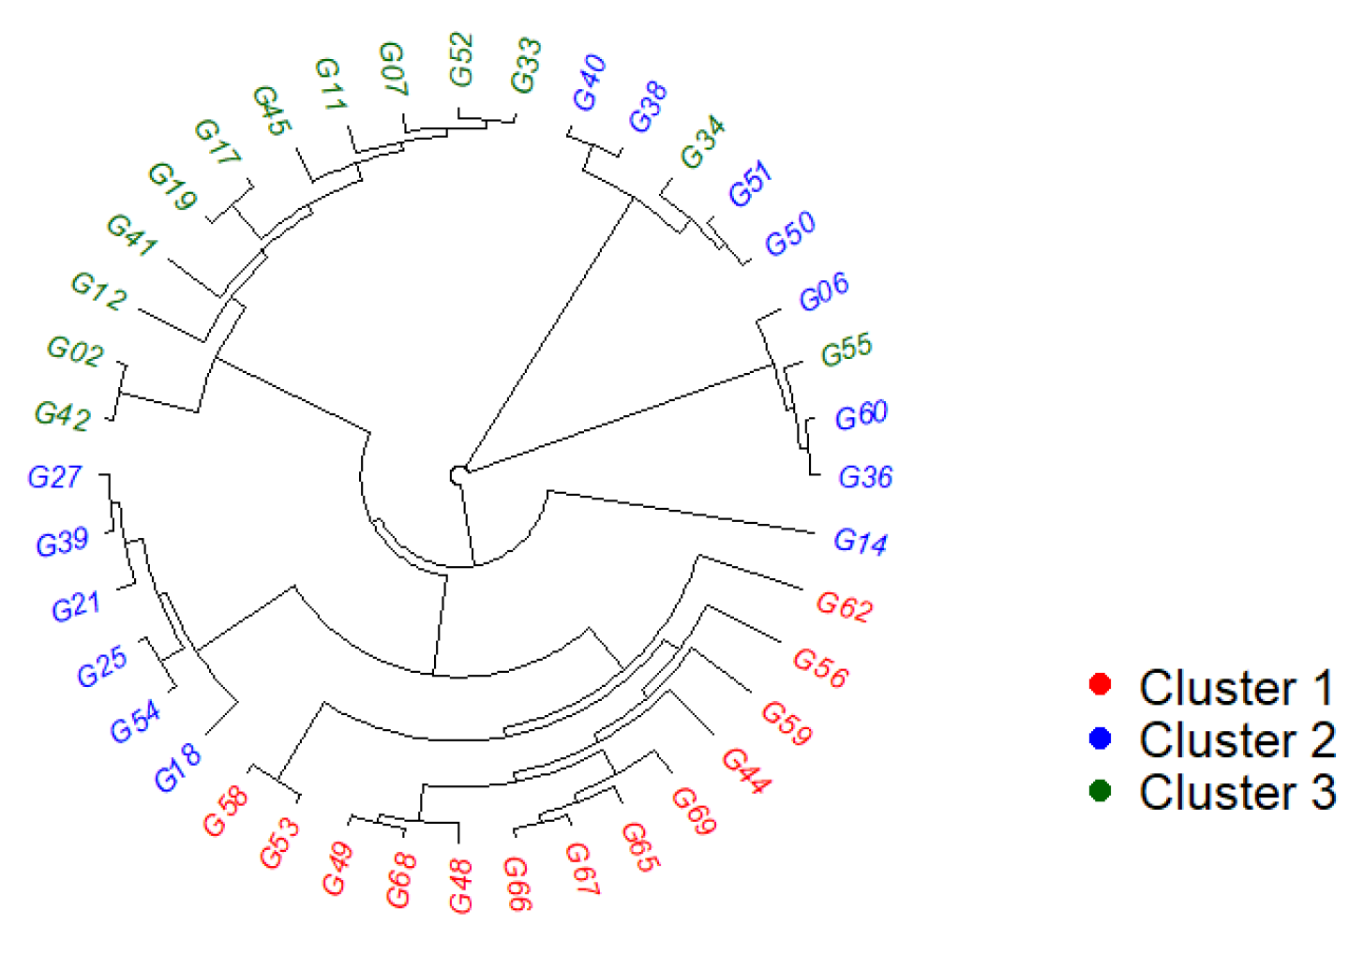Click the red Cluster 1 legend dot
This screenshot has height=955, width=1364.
(1101, 685)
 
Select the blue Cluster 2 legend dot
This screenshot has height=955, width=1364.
(1101, 739)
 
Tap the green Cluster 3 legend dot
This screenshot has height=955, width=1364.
(1101, 791)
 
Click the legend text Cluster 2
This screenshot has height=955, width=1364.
(1237, 739)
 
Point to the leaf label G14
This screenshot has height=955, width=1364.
(860, 542)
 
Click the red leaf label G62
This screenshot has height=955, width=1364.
(844, 606)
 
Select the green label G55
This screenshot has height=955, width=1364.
(846, 350)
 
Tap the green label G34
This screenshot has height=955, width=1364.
(702, 142)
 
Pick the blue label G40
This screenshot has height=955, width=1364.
(589, 83)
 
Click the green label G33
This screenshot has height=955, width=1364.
(526, 66)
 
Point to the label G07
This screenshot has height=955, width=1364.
(393, 68)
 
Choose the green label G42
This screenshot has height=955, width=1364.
(62, 415)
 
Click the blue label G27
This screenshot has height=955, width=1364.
(54, 477)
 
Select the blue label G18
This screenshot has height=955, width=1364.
(177, 768)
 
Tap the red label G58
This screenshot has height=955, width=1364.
(225, 811)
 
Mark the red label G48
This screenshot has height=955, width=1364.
(460, 886)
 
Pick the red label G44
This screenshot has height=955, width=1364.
(746, 771)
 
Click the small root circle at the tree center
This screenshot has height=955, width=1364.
(458, 475)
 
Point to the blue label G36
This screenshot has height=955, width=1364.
(864, 477)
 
